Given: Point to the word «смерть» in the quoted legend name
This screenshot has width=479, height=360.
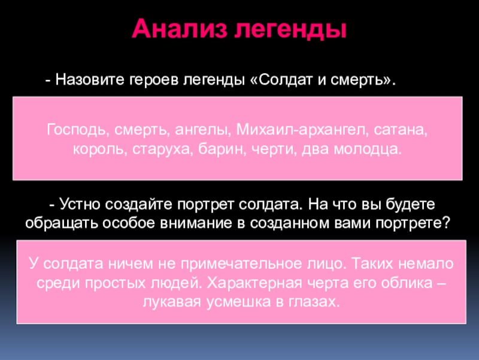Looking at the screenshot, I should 358,80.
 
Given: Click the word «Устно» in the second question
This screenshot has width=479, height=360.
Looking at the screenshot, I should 81,204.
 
